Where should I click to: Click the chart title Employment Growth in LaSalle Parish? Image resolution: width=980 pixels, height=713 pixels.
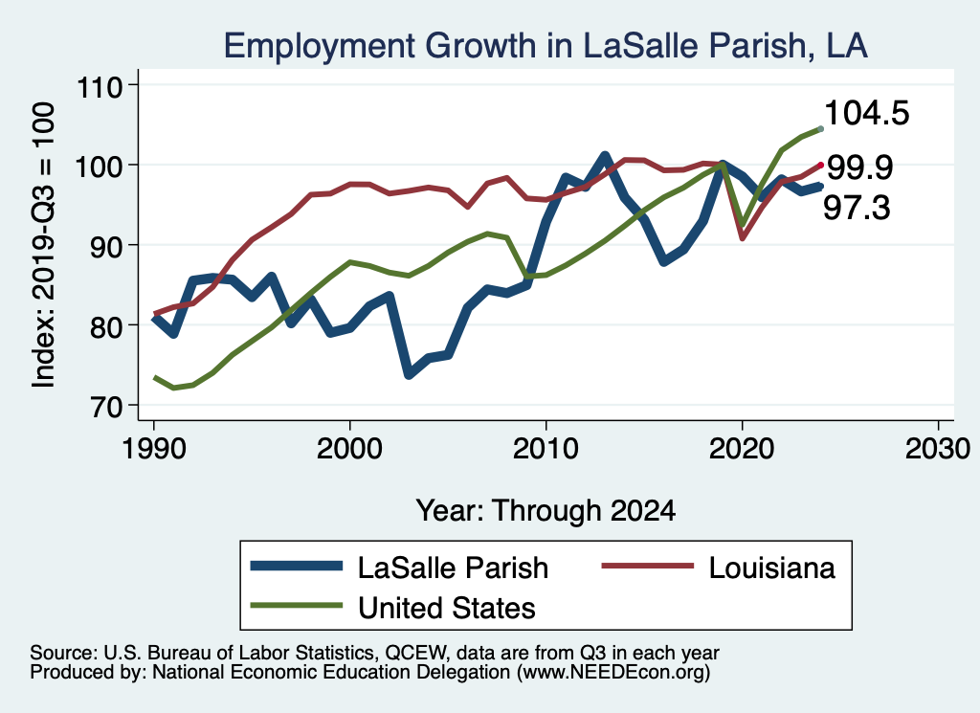546,46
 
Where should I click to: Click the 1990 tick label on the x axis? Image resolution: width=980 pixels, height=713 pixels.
153,450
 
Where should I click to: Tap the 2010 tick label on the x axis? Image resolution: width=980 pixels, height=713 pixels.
546,450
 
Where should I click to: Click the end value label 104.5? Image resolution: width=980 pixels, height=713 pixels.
866,114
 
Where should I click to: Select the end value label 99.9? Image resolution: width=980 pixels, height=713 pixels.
859,168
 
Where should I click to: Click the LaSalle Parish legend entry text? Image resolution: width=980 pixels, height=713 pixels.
453,568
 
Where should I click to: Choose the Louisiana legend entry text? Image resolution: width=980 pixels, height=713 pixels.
771,568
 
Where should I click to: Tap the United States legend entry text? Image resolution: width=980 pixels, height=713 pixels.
446,607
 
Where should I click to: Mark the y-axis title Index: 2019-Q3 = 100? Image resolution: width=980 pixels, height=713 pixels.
43,246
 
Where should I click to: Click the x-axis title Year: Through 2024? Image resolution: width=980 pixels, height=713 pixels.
546,510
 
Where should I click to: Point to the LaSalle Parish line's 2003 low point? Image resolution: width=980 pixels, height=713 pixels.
409,374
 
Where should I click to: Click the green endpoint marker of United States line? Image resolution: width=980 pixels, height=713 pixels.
820,128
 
